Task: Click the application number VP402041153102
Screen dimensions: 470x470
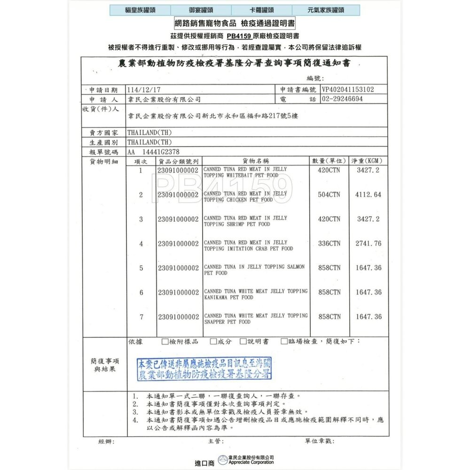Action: coord(348,89)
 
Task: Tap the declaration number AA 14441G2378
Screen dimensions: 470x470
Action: coord(153,152)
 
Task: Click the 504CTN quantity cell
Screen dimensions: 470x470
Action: coord(329,194)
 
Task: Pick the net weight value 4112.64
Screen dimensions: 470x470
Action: coord(368,194)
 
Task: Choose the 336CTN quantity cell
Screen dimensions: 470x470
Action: coord(329,243)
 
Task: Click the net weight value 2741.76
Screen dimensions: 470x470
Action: coord(368,243)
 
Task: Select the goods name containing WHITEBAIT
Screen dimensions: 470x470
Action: coord(245,172)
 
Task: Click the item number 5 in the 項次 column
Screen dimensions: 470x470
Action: coord(141,268)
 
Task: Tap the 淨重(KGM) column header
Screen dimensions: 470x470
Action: coord(369,161)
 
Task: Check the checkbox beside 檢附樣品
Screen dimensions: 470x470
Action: coord(164,342)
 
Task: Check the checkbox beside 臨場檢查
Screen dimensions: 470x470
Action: coord(284,342)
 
